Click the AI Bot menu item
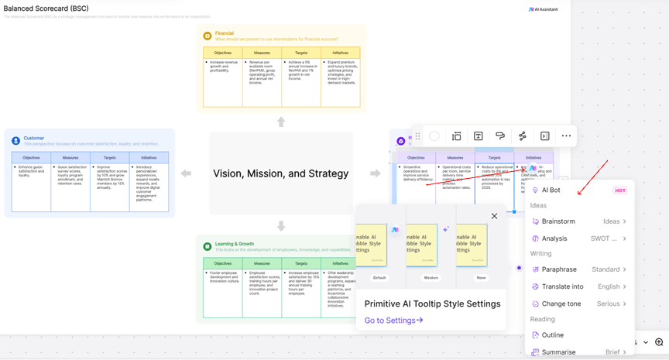551,190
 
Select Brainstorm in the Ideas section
558,221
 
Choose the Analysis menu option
554,238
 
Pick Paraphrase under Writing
559,269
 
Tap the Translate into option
563,286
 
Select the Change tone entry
561,303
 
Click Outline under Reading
553,335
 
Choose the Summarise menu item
558,352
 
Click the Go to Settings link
393,321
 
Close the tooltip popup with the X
494,216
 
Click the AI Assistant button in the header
544,9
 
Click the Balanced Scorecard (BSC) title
46,9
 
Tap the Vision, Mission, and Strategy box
280,173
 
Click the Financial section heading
224,33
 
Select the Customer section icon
15,141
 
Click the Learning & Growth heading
234,244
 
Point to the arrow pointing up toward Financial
281,122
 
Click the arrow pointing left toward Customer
186,173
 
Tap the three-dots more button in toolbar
566,136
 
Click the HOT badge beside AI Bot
619,190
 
